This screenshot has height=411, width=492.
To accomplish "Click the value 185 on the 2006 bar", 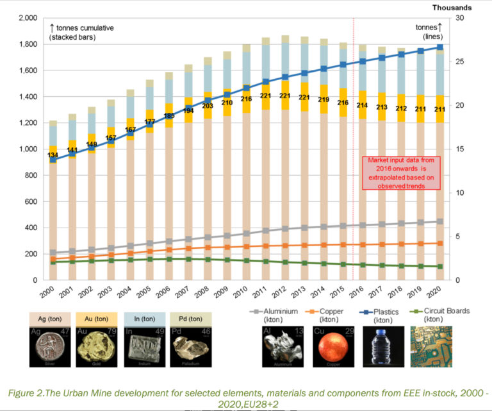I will [x=170, y=116].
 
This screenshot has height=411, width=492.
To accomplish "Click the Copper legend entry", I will [x=334, y=314].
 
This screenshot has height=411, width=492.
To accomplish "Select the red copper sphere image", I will [x=335, y=349].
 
